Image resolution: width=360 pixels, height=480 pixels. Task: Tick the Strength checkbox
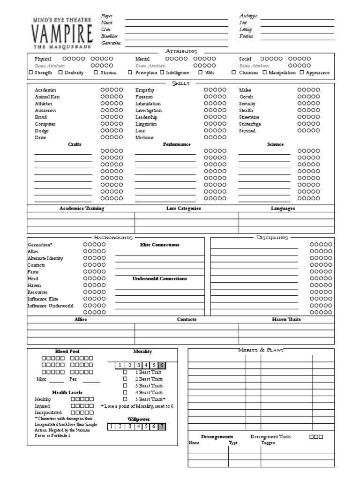click(31, 73)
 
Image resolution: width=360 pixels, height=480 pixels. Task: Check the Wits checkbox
click(200, 73)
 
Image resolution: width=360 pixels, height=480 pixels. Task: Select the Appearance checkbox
click(302, 73)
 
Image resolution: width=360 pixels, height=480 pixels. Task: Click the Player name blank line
click(176, 19)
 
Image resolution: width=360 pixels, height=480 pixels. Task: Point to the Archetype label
click(248, 16)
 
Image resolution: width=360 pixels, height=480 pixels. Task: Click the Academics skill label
click(45, 90)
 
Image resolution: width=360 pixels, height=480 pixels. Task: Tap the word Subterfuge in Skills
click(250, 124)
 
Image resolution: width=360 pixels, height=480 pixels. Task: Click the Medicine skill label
click(145, 138)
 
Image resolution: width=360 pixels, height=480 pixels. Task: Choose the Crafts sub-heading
click(75, 144)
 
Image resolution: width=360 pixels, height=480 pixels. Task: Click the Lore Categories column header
click(183, 208)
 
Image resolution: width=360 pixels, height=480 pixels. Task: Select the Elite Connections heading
click(159, 245)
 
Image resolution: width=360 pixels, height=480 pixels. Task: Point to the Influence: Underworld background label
click(51, 306)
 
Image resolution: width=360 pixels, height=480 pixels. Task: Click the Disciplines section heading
click(272, 238)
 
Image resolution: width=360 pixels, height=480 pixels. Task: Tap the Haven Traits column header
click(286, 319)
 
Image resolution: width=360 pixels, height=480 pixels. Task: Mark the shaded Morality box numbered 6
click(162, 365)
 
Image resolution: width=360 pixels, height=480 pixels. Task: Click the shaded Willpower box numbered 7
click(162, 426)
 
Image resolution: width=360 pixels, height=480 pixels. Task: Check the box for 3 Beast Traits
click(125, 385)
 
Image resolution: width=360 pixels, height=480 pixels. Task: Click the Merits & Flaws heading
click(261, 350)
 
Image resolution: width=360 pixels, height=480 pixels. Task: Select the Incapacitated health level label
click(48, 412)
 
